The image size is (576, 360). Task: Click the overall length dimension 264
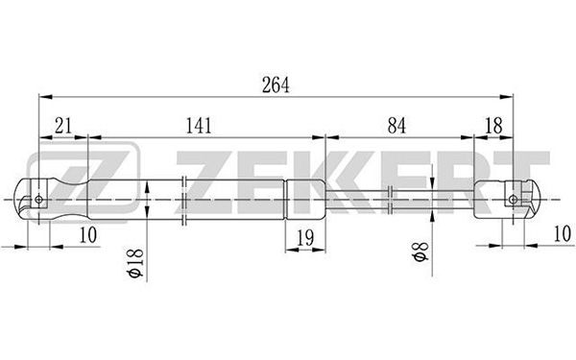pos(276,84)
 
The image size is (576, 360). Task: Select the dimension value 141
pos(199,126)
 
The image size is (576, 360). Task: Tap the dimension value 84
pos(396,126)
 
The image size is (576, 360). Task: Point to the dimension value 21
pos(63,126)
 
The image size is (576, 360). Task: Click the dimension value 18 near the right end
pos(493,126)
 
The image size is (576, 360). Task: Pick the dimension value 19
pos(305,238)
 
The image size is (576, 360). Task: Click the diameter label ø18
pos(136,263)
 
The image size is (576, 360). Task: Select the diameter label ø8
pos(420,252)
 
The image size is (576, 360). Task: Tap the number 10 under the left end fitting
pos(88,235)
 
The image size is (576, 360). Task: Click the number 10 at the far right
pos(563,234)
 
